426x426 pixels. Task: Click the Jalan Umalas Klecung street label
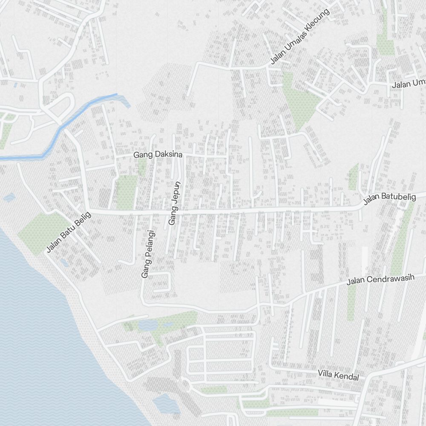click(300, 37)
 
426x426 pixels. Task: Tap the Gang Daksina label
click(158, 155)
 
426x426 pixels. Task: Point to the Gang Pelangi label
click(147, 254)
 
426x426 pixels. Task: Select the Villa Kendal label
click(338, 375)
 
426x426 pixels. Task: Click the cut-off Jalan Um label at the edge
click(409, 84)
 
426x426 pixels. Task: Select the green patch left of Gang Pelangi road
click(127, 192)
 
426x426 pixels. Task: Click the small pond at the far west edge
click(9, 198)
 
